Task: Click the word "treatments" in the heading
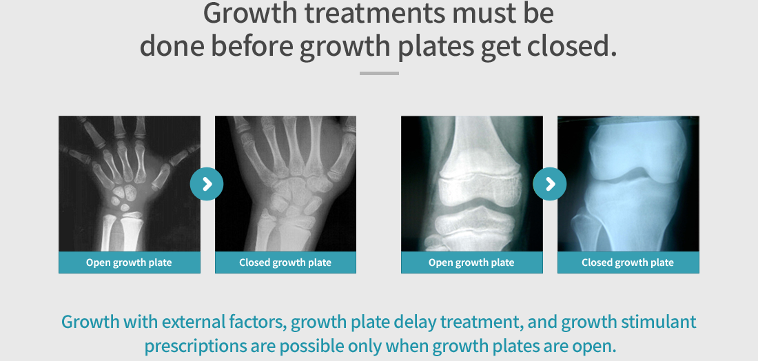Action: (374, 14)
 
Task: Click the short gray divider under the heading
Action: (379, 74)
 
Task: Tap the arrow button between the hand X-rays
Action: (207, 184)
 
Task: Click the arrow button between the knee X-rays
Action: (550, 184)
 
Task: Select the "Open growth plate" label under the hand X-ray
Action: (129, 262)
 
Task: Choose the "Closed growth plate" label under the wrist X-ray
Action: (285, 262)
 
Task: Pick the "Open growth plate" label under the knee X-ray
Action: (471, 262)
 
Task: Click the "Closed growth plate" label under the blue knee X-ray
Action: (628, 262)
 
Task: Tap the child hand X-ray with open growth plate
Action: (130, 184)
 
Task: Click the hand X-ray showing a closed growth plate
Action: (286, 184)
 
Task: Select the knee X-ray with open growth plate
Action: (472, 184)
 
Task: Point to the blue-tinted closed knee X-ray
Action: (628, 184)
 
